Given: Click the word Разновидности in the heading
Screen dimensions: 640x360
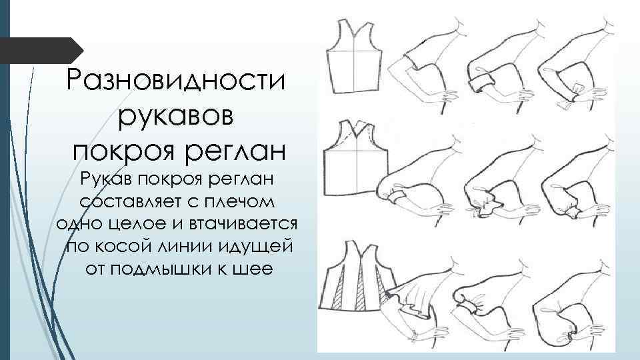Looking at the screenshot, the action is point(175,80).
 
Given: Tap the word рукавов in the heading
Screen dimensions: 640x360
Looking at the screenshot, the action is point(176,116).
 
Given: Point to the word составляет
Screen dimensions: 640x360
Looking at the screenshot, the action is point(127,201).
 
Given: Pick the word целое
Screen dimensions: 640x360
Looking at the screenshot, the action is point(139,223).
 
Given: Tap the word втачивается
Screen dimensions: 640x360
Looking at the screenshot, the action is point(243,223).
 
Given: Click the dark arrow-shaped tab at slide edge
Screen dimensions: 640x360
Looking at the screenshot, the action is point(41,50).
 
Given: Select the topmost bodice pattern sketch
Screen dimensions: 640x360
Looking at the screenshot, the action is point(354,57).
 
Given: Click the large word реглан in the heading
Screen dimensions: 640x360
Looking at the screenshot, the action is point(235,152).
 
